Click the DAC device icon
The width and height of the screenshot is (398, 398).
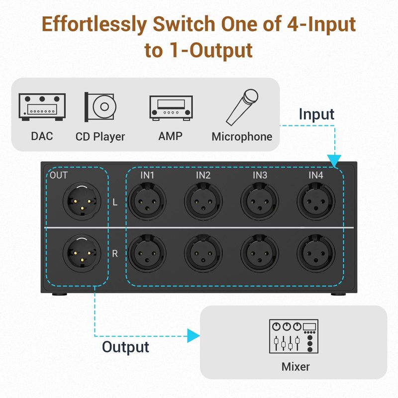[42, 107]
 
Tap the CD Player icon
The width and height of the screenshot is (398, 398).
[100, 107]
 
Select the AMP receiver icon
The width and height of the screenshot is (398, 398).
[171, 108]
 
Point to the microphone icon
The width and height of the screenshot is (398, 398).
[242, 107]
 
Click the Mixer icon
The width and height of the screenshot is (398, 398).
[294, 336]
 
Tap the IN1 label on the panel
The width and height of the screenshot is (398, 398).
[147, 175]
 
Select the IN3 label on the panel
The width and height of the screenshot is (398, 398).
[260, 175]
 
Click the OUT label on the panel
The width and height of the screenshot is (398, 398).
[59, 175]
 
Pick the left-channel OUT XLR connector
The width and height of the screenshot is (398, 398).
[82, 201]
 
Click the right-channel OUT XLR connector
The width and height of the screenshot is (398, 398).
[82, 253]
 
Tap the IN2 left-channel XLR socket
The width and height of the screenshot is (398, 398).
[203, 201]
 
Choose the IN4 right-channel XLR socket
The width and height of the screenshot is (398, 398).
[316, 253]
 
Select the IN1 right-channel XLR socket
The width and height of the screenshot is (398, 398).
[147, 253]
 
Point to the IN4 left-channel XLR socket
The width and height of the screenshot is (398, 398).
[316, 201]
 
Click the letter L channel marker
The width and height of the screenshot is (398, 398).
[115, 202]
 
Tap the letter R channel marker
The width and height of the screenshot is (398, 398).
[115, 254]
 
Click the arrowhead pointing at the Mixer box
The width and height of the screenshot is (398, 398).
[194, 336]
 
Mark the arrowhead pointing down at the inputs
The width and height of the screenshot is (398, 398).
[334, 161]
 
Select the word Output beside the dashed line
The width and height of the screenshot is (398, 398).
[125, 347]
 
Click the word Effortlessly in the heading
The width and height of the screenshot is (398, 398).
[94, 25]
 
